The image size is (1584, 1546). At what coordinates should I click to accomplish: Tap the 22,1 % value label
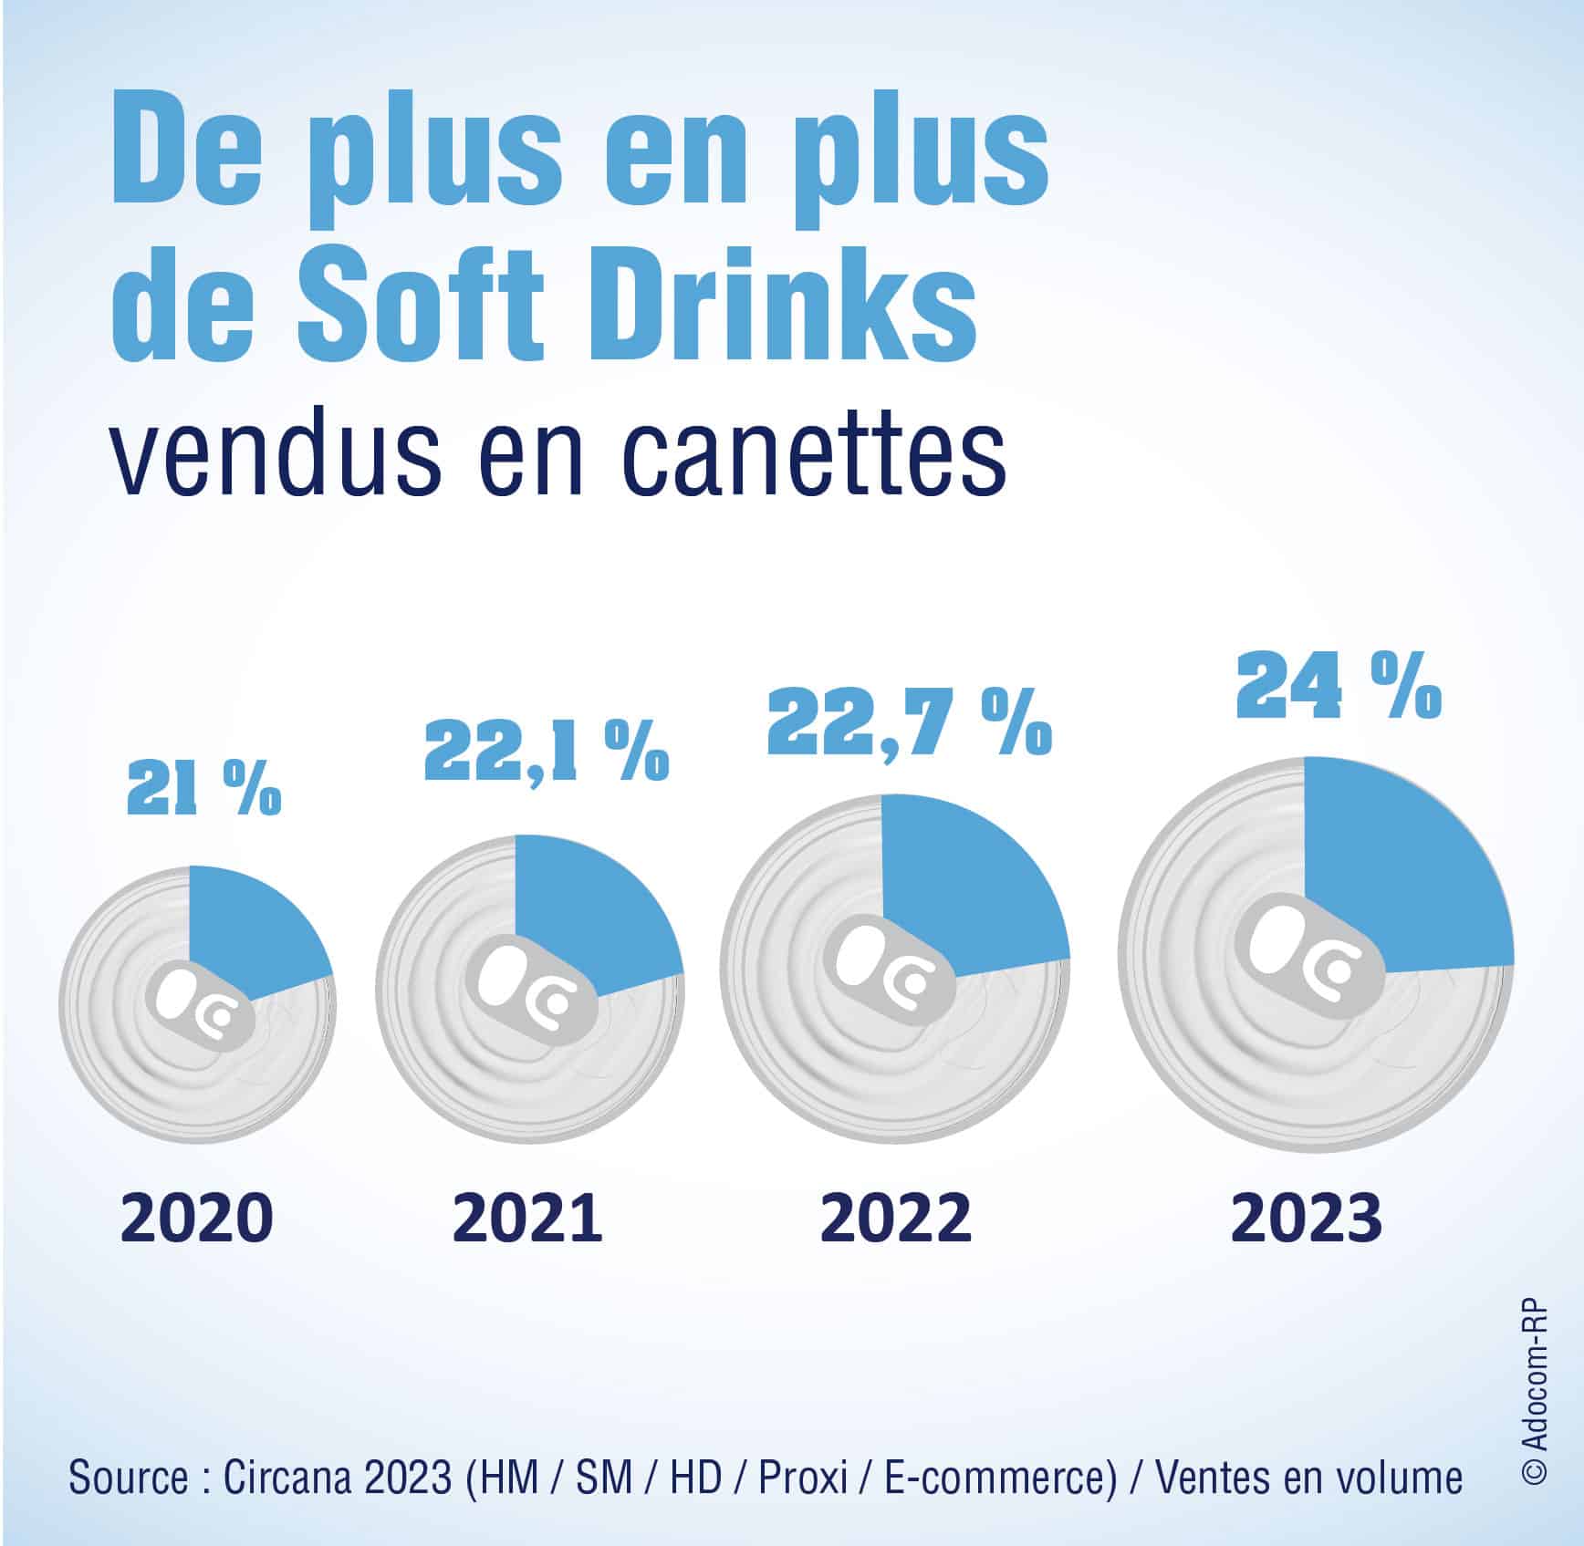tap(547, 752)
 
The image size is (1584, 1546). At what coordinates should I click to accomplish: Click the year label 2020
tap(197, 1218)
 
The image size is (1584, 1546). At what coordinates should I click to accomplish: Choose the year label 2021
tap(527, 1218)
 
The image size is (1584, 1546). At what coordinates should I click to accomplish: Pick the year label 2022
tap(895, 1218)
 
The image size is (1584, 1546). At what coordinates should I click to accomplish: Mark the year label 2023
tap(1306, 1218)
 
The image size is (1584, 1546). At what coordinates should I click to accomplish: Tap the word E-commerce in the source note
tap(1000, 1477)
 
